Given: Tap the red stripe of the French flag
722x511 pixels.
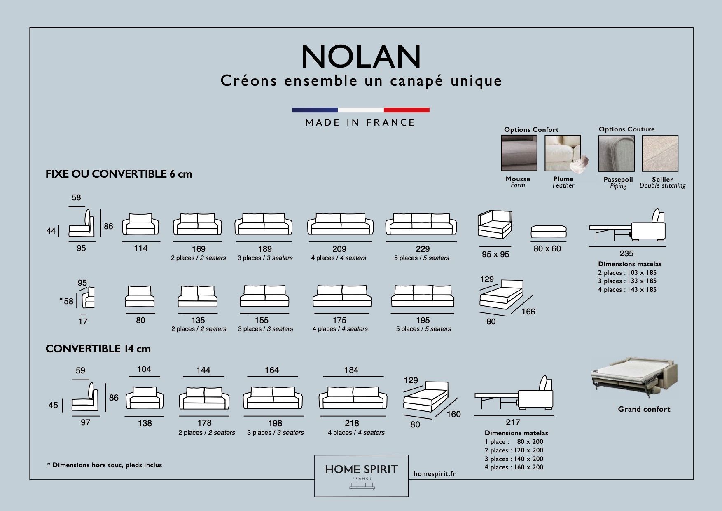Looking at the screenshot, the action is [407, 110].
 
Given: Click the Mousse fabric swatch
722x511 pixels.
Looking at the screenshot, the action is [519, 153].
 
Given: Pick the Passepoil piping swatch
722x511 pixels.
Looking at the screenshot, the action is [617, 153].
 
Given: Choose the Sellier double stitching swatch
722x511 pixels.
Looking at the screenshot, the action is [660, 153].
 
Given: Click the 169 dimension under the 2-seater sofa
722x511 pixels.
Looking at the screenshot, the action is [199, 249].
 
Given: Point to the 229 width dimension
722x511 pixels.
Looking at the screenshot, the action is [423, 249].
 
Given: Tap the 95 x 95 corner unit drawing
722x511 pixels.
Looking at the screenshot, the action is [495, 225].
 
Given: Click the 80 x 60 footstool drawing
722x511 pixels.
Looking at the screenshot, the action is [548, 231].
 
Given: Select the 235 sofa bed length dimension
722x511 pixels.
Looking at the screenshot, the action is [626, 253].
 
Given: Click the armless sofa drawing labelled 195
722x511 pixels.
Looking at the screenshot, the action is [423, 296].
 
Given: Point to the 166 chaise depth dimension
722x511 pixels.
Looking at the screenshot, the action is [528, 312].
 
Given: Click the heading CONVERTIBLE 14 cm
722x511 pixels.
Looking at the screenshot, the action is [98, 349].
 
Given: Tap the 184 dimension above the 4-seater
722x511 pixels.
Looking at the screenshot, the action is [351, 370].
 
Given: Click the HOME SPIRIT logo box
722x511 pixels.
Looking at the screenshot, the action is [361, 476].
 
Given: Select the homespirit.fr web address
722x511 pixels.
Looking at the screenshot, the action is [435, 474].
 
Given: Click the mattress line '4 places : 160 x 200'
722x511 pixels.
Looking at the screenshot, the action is [514, 467].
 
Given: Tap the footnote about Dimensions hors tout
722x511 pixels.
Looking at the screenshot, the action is [105, 465].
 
